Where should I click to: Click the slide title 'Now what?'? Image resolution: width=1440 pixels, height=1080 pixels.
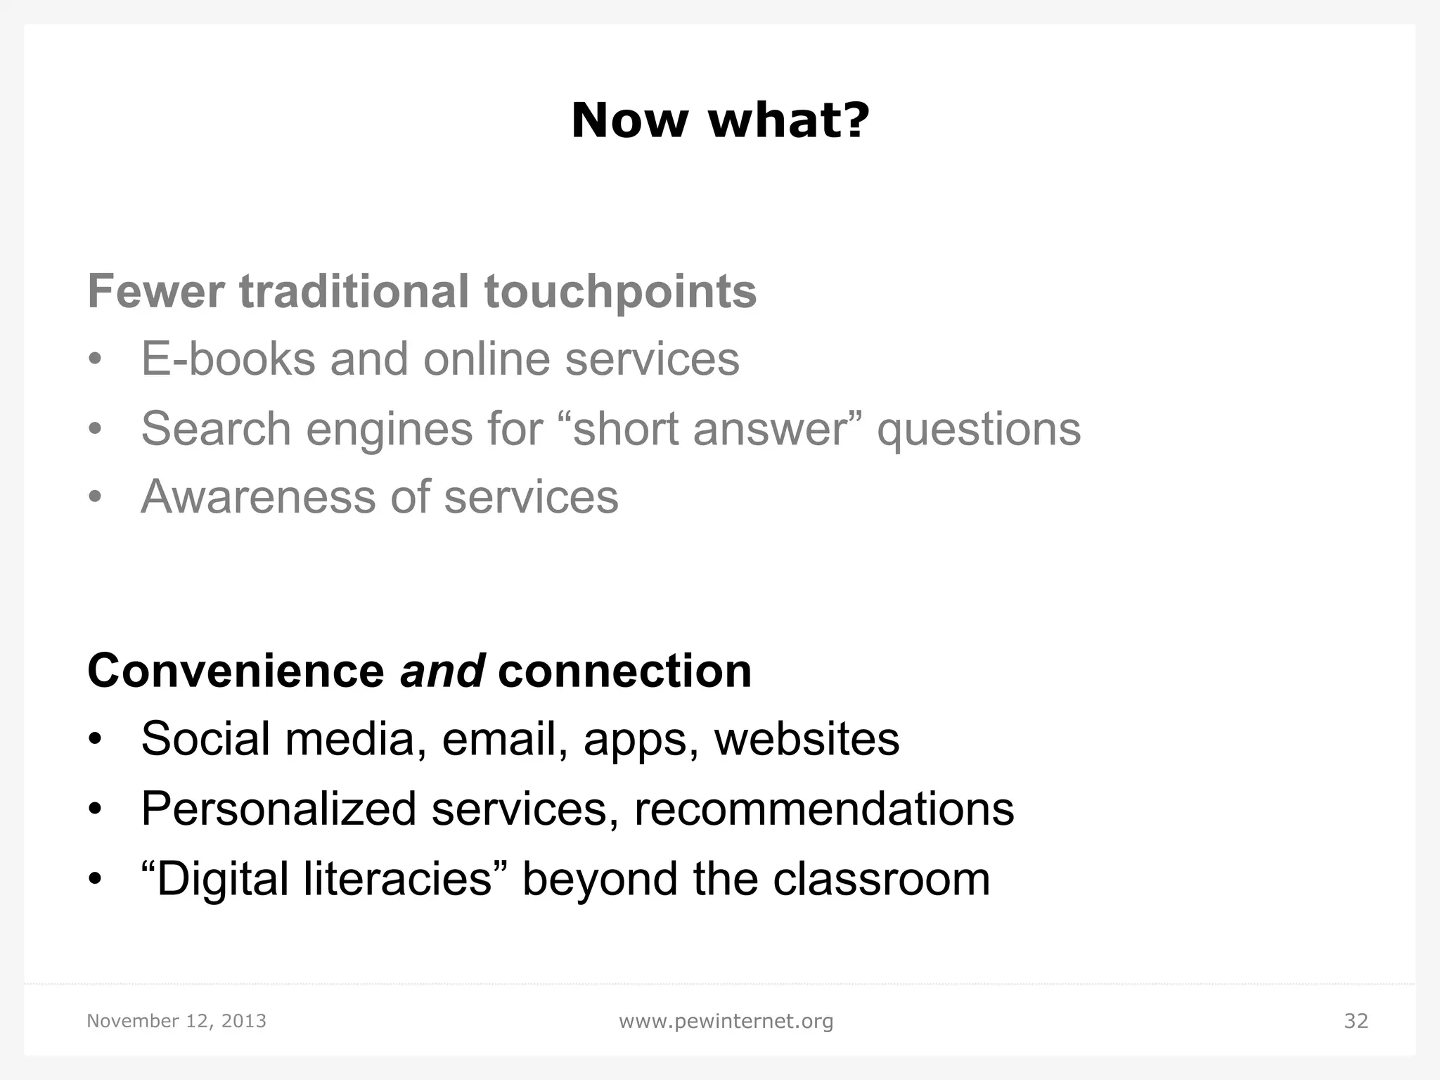click(720, 120)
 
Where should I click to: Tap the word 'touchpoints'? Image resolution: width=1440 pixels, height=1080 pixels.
click(620, 292)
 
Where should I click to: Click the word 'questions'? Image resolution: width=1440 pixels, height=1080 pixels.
click(978, 430)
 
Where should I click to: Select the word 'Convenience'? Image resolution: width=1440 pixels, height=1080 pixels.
click(236, 671)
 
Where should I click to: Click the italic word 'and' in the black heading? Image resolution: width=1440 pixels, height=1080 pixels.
click(442, 671)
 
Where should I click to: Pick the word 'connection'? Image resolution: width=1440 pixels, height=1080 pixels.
click(624, 671)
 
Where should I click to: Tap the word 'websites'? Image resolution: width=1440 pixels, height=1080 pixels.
click(806, 739)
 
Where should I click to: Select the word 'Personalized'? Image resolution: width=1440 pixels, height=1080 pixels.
click(278, 809)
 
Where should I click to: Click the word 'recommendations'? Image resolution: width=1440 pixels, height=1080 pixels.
click(824, 809)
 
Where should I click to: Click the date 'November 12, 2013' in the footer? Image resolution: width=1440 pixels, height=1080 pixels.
click(176, 1021)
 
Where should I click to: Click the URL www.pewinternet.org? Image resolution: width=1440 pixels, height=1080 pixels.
click(726, 1021)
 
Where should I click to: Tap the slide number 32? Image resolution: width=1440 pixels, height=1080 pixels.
click(1356, 1021)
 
